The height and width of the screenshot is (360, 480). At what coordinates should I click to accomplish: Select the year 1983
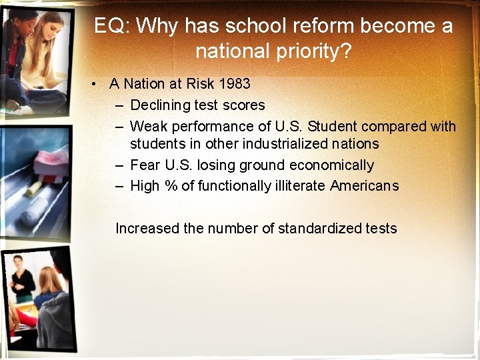pyautogui.click(x=234, y=84)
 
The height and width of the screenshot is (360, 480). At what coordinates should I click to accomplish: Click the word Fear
pyautogui.click(x=145, y=165)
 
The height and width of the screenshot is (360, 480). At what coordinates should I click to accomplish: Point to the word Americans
pyautogui.click(x=364, y=186)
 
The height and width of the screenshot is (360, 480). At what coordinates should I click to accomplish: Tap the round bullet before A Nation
pyautogui.click(x=97, y=84)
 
